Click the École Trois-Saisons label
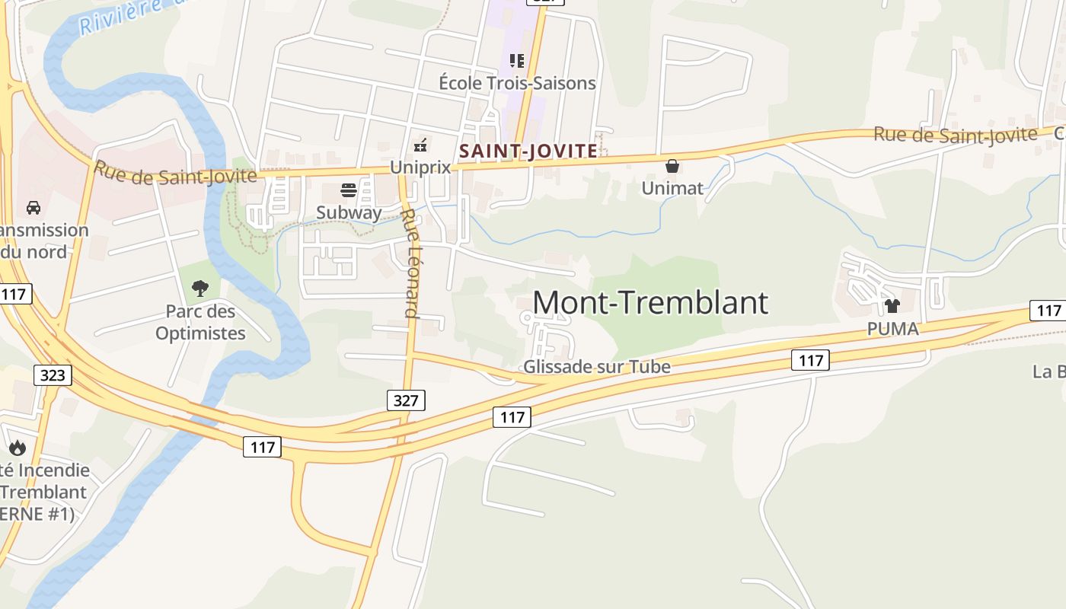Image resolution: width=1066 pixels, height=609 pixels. click(517, 82)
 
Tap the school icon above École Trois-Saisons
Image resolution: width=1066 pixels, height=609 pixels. click(517, 60)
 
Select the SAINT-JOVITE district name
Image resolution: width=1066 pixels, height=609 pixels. click(528, 151)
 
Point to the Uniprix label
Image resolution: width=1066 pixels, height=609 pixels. click(420, 167)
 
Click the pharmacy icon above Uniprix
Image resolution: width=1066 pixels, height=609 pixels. click(420, 144)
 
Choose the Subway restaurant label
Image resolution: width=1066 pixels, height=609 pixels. click(349, 212)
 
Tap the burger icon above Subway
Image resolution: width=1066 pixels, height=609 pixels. click(349, 190)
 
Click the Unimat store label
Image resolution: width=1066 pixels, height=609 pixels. click(672, 187)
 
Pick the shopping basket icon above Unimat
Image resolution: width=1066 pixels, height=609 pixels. click(672, 165)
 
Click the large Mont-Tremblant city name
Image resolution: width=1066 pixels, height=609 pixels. click(650, 302)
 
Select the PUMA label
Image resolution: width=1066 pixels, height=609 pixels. click(893, 329)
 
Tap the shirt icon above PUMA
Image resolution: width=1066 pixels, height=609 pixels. click(892, 306)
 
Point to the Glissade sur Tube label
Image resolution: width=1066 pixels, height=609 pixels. click(597, 367)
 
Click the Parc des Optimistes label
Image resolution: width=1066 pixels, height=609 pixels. click(200, 322)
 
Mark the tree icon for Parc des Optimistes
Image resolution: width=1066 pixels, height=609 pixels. click(200, 289)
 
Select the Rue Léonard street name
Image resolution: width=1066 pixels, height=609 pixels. click(411, 263)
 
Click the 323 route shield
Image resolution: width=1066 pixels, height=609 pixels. click(53, 375)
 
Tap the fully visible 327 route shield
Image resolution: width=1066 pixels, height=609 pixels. click(406, 400)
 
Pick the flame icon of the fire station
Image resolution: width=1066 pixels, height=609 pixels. click(17, 448)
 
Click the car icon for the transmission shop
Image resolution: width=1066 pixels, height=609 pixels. click(34, 207)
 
